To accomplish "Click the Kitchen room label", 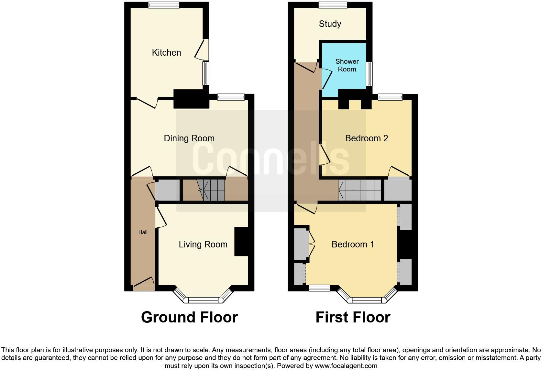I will point(166,53).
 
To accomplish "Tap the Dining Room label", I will point(189,138).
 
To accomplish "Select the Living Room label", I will point(203,245).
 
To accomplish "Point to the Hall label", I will point(143,232).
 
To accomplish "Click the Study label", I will point(330,24).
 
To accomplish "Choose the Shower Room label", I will point(347,65).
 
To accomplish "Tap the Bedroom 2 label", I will point(366,138).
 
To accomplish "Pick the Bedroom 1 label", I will point(353,245).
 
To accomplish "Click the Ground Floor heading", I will point(189,317).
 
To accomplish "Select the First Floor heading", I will point(353,317).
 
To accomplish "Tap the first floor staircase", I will point(360,190).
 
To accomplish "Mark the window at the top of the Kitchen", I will point(164,5).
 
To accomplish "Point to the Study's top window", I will point(333,5).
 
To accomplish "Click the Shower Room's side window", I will point(369,74).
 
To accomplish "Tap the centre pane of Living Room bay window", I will point(203,300).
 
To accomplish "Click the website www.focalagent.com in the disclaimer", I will point(346,366).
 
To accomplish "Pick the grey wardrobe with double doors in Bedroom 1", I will point(301,244).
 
